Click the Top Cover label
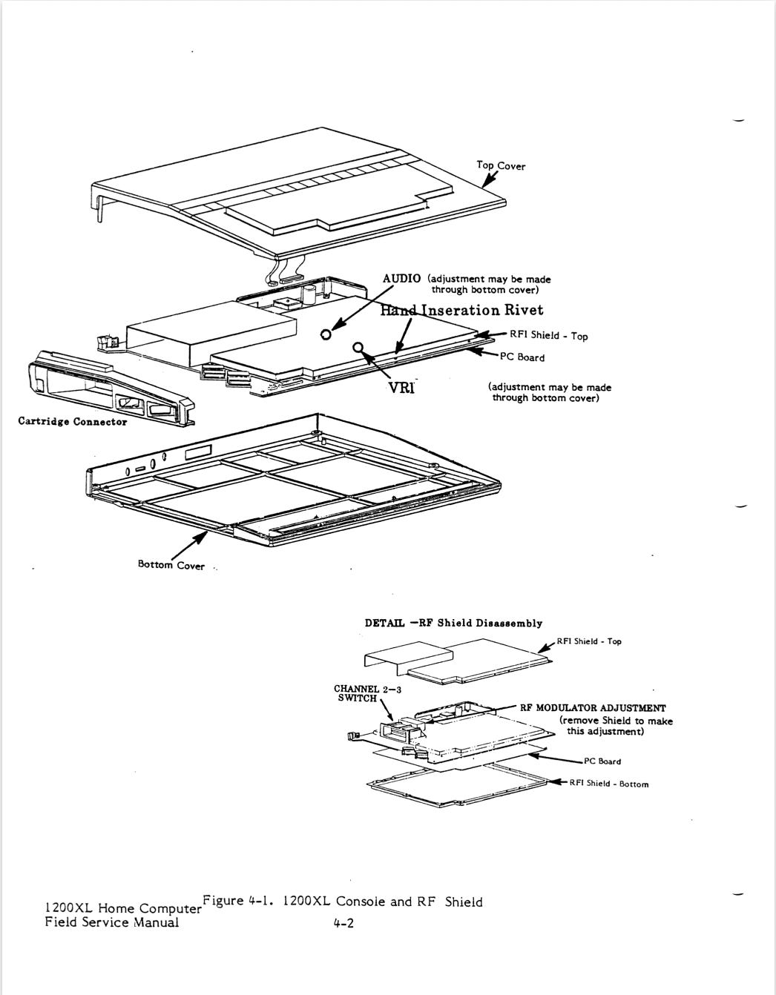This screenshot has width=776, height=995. point(501,165)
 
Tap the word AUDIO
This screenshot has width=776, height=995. point(401,278)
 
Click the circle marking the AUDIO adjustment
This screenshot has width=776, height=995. point(326,334)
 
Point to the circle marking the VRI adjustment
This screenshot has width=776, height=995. point(359,347)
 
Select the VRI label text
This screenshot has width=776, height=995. point(401,387)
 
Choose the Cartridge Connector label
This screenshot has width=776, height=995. point(73,422)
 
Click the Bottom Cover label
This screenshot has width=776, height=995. point(171,565)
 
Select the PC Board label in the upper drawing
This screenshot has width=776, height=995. point(522,357)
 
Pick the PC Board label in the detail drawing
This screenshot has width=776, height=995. point(602,761)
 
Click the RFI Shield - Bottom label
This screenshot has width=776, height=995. point(608,784)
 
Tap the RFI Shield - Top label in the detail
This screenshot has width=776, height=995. point(589,641)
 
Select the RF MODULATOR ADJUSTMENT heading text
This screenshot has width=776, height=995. point(592,708)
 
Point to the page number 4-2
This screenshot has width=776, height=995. point(343,924)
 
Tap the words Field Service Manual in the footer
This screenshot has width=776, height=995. point(112,922)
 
